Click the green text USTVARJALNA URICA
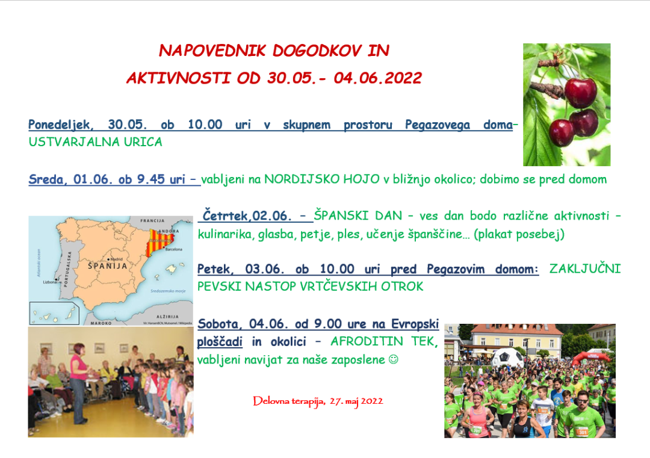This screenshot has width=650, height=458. tap(96, 143)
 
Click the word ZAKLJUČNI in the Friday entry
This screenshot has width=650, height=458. tap(584, 270)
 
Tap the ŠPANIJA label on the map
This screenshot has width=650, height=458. tap(108, 265)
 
